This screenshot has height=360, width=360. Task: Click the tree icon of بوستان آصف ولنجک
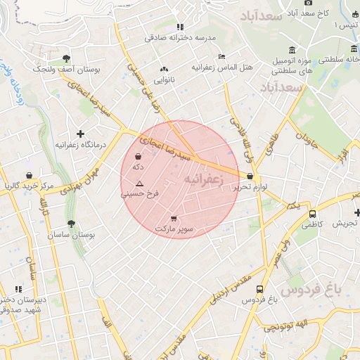pyautogui.click(x=66, y=59)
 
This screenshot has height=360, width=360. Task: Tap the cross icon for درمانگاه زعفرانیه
pyautogui.click(x=80, y=134)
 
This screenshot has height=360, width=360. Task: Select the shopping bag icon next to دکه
pyautogui.click(x=139, y=156)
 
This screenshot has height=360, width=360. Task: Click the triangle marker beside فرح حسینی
pyautogui.click(x=139, y=184)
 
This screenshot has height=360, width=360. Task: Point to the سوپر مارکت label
pyautogui.click(x=175, y=229)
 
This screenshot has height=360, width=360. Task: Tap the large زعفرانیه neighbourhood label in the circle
pyautogui.click(x=204, y=181)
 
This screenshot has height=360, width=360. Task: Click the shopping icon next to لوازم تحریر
pyautogui.click(x=250, y=176)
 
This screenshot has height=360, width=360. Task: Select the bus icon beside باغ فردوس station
pyautogui.click(x=260, y=289)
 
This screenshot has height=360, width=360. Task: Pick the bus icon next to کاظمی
pyautogui.click(x=312, y=214)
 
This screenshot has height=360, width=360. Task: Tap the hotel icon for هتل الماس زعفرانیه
pyautogui.click(x=222, y=57)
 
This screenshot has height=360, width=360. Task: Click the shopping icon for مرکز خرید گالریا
pyautogui.click(x=29, y=176)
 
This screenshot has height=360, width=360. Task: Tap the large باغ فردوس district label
pyautogui.click(x=310, y=290)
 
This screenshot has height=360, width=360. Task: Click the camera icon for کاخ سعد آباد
pyautogui.click(x=307, y=3)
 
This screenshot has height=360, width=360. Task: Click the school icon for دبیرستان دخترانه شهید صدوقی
pyautogui.click(x=19, y=288)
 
